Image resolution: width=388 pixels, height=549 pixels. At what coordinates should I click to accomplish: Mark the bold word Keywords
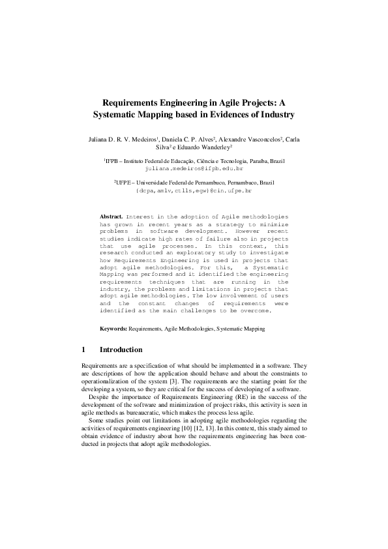(113, 329)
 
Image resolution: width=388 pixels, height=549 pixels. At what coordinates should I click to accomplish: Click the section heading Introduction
(121, 349)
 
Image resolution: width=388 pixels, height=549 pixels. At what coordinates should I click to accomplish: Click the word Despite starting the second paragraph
(98, 396)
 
